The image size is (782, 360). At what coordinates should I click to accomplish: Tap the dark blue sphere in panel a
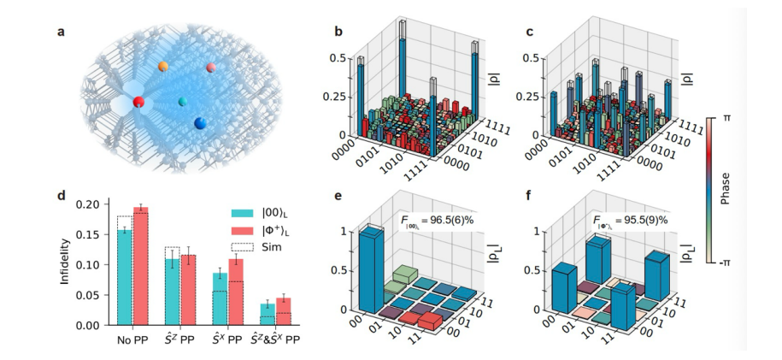(199, 123)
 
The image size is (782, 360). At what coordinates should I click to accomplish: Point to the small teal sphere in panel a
(181, 102)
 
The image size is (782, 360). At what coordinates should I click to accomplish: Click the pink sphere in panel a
(211, 68)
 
